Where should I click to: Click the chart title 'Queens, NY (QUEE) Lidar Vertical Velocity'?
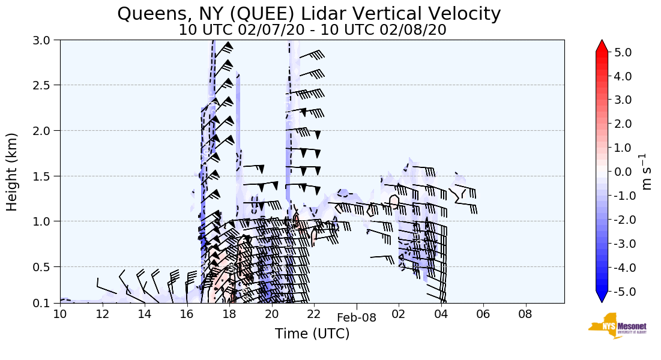309,13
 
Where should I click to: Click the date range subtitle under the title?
312,30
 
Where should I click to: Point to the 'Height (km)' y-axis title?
12,172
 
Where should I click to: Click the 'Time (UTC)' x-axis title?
312,334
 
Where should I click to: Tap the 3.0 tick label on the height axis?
46,40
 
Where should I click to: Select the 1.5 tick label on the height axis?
46,176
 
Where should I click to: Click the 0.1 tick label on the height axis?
46,303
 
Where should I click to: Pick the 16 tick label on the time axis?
187,314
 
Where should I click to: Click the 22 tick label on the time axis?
313,314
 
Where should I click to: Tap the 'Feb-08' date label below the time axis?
357,318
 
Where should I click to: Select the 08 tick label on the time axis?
525,314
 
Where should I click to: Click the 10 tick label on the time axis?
60,314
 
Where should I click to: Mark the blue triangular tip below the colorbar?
602,296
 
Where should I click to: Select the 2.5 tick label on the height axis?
46,85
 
